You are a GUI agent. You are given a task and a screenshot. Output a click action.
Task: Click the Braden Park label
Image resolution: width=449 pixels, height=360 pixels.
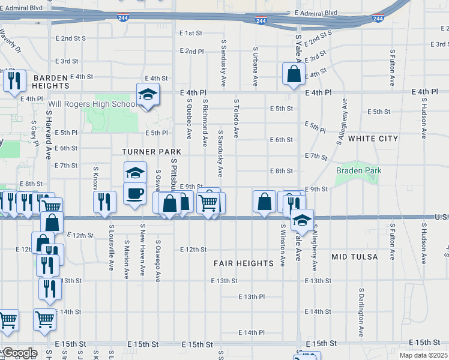(x=359, y=171)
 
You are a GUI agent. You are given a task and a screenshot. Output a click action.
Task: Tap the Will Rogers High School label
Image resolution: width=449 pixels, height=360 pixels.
(x=92, y=104)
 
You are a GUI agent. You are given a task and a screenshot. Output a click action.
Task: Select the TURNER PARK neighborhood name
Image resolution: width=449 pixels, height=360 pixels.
(x=151, y=152)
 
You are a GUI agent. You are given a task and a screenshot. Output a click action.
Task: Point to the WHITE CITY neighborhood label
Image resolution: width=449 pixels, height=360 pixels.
(x=373, y=138)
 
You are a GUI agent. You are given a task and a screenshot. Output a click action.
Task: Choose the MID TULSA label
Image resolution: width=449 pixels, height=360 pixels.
(x=355, y=257)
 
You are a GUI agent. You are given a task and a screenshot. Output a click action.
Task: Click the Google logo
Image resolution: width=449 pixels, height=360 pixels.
(x=19, y=353)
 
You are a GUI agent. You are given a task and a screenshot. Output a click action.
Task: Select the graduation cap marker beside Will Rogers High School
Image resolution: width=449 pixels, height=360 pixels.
(x=148, y=94)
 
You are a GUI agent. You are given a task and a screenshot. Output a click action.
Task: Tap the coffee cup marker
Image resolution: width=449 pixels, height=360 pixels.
(x=134, y=193)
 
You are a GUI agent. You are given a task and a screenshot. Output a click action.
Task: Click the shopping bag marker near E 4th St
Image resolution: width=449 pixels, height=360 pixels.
(x=294, y=74)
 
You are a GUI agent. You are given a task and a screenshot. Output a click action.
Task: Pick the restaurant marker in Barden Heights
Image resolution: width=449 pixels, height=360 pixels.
(x=14, y=80)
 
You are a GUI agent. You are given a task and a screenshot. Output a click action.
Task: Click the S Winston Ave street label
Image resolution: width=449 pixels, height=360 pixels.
(x=282, y=245)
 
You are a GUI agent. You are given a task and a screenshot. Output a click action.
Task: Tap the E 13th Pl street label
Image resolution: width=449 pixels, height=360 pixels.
(x=251, y=296)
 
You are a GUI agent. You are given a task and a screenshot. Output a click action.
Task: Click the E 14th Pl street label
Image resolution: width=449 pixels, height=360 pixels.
(x=251, y=332)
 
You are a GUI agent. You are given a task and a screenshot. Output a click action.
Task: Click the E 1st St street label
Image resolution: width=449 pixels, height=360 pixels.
(x=191, y=33)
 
